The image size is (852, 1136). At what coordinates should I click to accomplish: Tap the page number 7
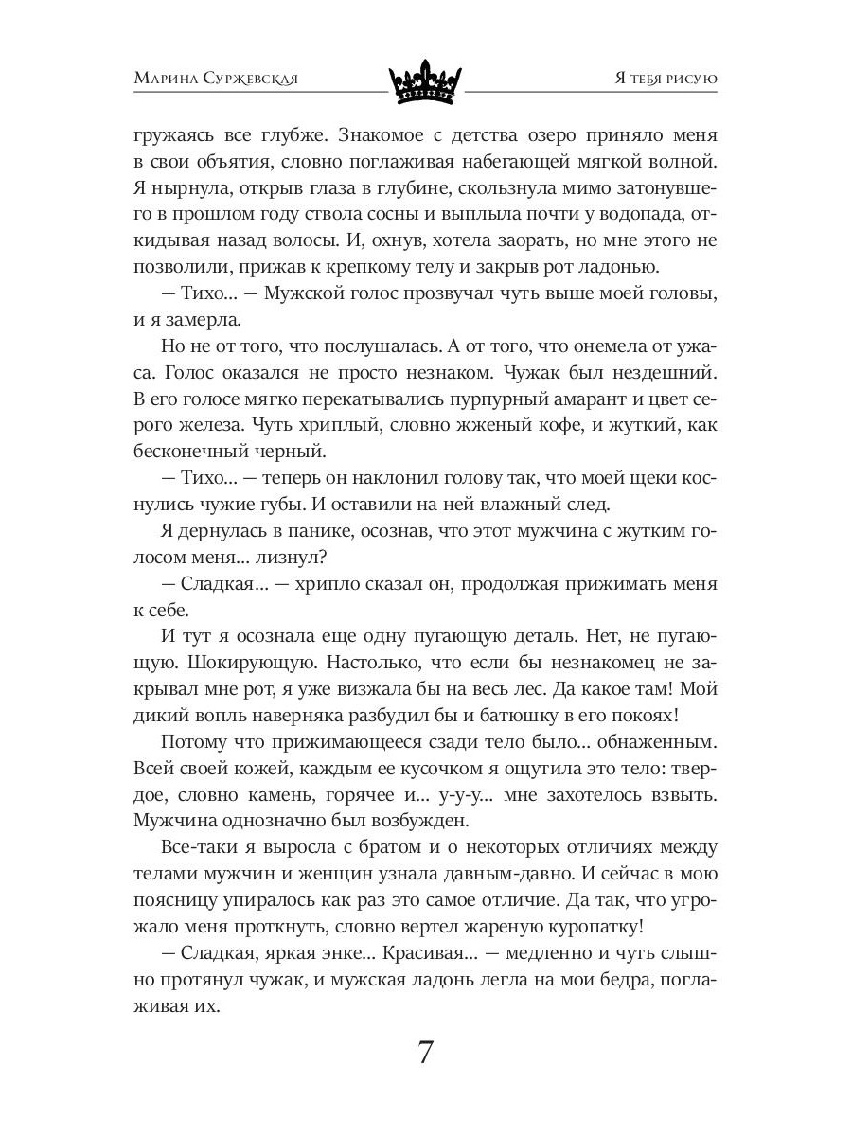(x=426, y=1053)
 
